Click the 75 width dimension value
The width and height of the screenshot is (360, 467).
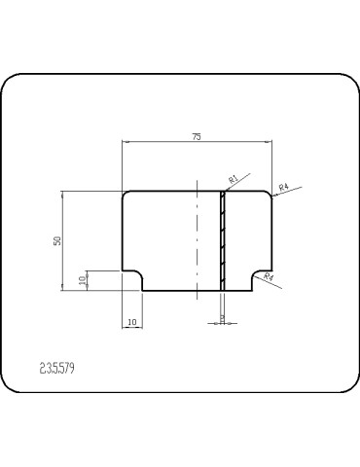click(197, 137)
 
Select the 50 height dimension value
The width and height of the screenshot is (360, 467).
click(57, 240)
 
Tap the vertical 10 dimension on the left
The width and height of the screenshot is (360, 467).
click(83, 279)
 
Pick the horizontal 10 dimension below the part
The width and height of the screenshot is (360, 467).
click(131, 319)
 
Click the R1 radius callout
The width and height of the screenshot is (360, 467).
click(234, 179)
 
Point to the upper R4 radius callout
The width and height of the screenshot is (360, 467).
click(284, 185)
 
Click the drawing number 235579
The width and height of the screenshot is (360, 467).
click(58, 368)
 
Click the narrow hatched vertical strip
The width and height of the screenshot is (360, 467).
click(223, 240)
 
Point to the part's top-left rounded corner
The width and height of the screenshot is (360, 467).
click(125, 195)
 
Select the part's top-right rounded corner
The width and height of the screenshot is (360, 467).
click(269, 195)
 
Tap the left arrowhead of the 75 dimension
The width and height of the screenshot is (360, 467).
click(125, 143)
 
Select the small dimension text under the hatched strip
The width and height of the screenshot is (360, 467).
click(223, 316)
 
